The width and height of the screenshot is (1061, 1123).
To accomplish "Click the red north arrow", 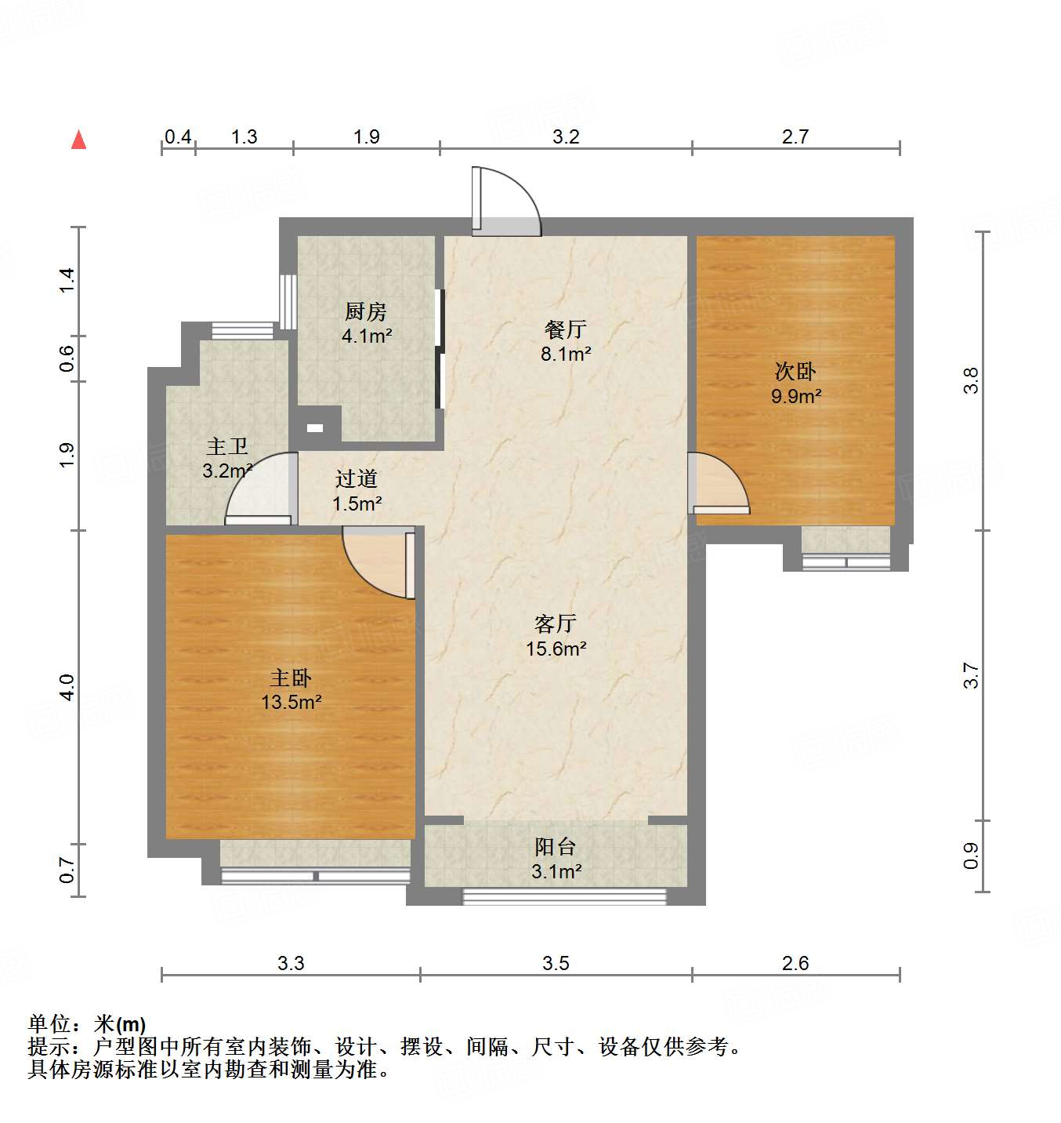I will click(78, 140).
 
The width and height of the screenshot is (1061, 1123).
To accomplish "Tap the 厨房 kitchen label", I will click(366, 311).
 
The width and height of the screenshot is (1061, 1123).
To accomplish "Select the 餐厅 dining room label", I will click(565, 329).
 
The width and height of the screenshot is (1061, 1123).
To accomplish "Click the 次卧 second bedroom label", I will click(795, 371).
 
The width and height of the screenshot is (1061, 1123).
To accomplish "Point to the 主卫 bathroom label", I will click(227, 447).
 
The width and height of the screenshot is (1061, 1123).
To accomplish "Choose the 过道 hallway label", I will click(357, 478).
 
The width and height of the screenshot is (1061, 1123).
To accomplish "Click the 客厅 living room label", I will click(556, 623).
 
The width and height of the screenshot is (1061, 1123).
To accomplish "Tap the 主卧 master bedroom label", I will click(291, 678).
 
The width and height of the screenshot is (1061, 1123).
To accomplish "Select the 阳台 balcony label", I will click(556, 847).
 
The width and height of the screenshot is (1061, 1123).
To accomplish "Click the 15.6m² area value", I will click(556, 649).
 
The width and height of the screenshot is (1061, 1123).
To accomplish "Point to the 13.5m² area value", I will click(291, 702).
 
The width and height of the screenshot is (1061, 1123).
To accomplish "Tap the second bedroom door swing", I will click(718, 485).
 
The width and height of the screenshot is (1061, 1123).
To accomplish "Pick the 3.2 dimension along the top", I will click(566, 137).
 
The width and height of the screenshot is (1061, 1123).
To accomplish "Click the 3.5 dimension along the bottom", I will click(556, 963).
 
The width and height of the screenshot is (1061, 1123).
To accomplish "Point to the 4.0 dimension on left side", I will click(67, 687).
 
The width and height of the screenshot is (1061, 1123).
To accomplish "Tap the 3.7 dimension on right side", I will click(971, 675).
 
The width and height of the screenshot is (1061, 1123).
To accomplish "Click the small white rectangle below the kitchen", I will click(314, 428).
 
